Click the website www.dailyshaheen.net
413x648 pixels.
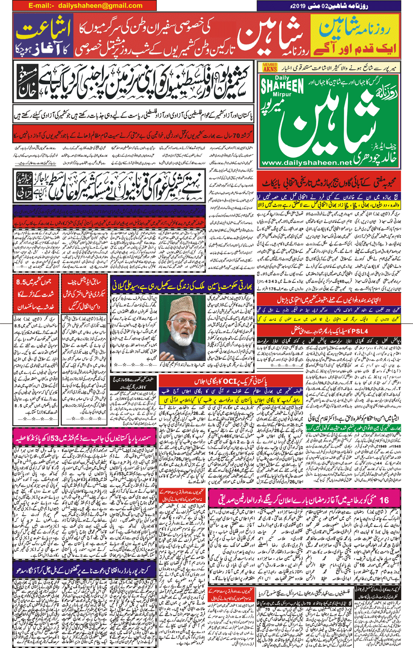pyautogui.click(x=307, y=163)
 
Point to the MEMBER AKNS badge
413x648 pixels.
pyautogui.click(x=270, y=67)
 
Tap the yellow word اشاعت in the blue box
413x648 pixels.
pyautogui.click(x=44, y=31)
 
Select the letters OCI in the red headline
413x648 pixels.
pyautogui.click(x=230, y=381)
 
